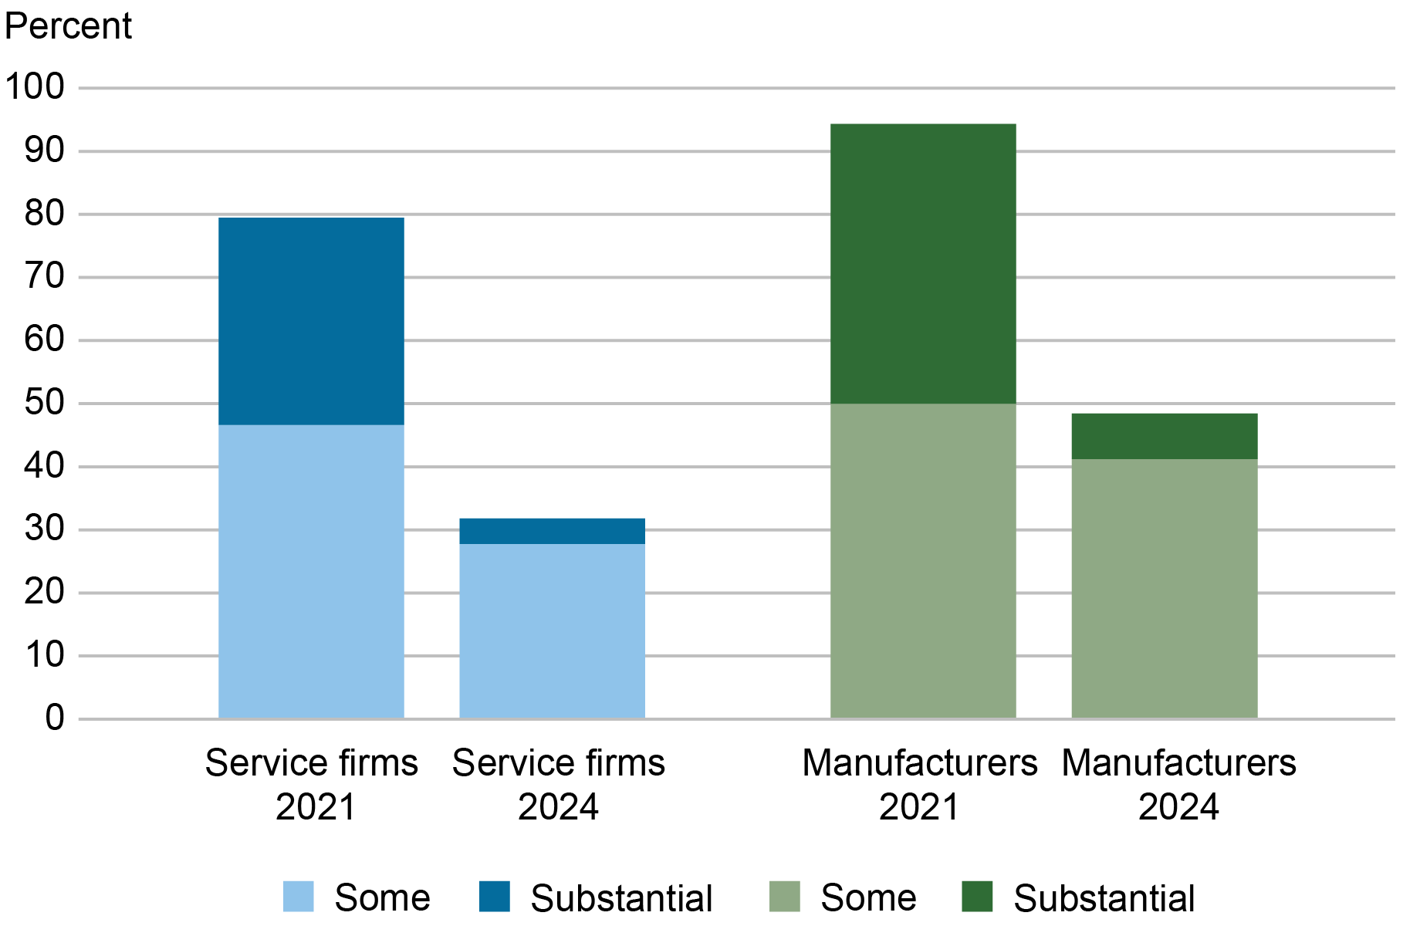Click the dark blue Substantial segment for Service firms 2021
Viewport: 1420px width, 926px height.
point(311,321)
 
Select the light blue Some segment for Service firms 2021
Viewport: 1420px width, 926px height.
point(311,571)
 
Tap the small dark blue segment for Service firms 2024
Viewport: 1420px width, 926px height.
point(552,531)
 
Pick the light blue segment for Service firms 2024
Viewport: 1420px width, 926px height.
point(552,631)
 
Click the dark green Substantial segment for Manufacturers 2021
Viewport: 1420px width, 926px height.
point(923,263)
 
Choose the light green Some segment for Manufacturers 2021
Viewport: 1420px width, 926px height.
point(923,561)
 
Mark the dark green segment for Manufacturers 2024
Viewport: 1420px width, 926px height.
point(1165,436)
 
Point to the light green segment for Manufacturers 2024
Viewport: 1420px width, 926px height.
point(1165,589)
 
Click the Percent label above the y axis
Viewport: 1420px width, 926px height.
point(68,26)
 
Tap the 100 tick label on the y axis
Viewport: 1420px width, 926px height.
point(35,86)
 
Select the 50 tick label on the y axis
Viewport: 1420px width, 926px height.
point(44,403)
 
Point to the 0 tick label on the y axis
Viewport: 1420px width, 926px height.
point(54,718)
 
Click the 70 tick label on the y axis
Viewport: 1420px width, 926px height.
point(44,276)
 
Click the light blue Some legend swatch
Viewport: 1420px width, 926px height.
point(299,897)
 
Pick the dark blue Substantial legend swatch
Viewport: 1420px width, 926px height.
point(495,897)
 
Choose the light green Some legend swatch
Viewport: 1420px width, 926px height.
point(785,897)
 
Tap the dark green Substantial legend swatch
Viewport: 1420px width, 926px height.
point(977,897)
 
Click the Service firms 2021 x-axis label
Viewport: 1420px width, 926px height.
point(312,785)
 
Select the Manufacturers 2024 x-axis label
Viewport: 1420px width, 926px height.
point(1178,785)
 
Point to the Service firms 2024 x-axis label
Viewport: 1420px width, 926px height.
point(558,785)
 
